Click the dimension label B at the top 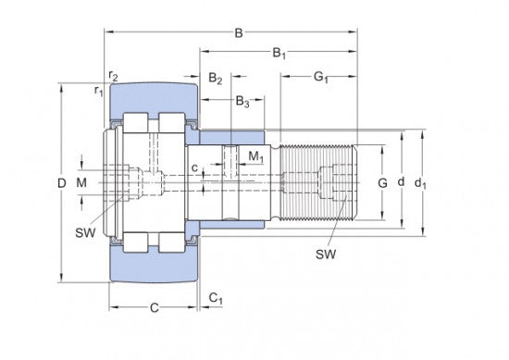[239, 32]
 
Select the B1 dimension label [279, 54]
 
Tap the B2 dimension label [216, 79]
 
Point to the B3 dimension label [242, 101]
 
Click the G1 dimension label [321, 78]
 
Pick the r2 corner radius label [113, 76]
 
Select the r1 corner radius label [98, 91]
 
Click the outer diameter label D [62, 183]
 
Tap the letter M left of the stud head [81, 182]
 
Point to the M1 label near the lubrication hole [256, 156]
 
